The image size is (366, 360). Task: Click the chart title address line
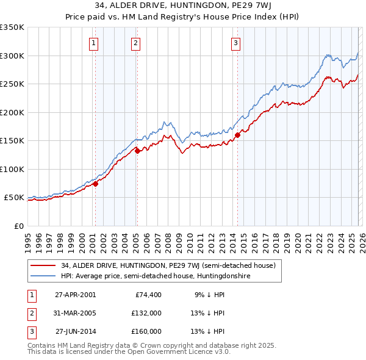(x=183, y=7)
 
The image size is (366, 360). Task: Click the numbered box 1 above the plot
(x=94, y=43)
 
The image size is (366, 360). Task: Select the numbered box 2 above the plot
(x=135, y=43)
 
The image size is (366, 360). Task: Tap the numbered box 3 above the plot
(x=235, y=43)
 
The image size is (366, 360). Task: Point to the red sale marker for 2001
(x=95, y=184)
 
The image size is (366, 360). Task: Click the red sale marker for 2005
(x=137, y=151)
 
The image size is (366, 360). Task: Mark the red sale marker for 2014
(x=237, y=135)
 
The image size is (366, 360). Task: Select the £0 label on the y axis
(x=19, y=226)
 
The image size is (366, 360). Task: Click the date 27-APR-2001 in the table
(x=75, y=294)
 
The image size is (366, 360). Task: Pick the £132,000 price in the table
(x=146, y=313)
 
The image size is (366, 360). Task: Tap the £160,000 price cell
(x=146, y=332)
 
